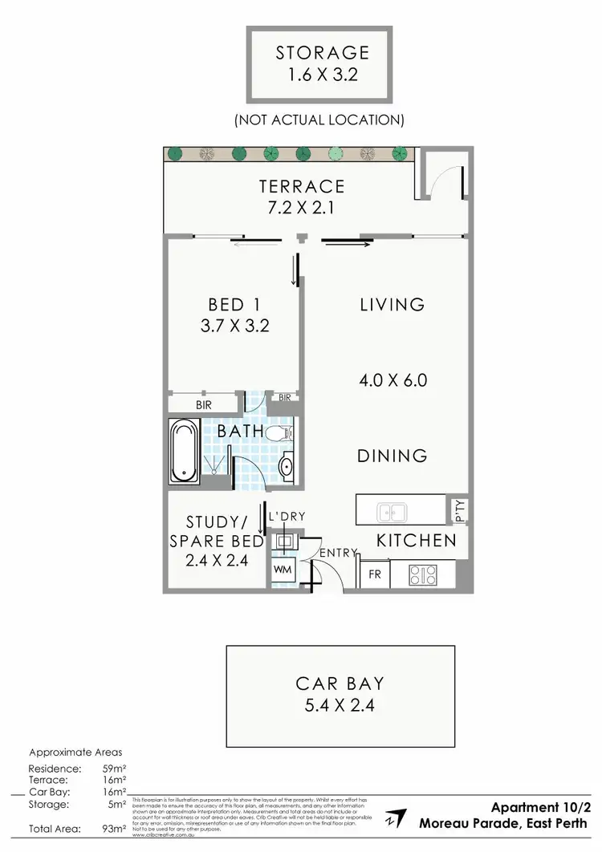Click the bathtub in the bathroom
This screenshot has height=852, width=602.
point(185,451)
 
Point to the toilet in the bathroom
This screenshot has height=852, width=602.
point(279,435)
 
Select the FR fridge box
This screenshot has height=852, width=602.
point(374,574)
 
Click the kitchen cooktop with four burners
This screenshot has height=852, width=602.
point(423,574)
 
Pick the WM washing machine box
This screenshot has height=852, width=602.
point(283,569)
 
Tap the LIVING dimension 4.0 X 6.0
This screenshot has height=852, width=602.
point(393,379)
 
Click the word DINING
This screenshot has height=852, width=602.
point(393,456)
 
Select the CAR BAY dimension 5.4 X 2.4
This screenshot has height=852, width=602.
point(340,706)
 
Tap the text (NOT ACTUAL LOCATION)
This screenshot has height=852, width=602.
point(319,120)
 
